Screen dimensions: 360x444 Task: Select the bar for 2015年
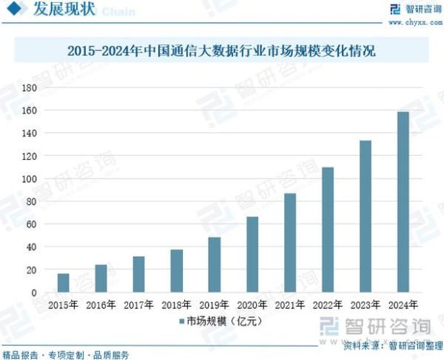[x=64, y=283]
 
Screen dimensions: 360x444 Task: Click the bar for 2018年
[x=176, y=271]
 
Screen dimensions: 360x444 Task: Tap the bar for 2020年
[x=252, y=255]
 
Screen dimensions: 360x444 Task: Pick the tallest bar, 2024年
[x=403, y=202]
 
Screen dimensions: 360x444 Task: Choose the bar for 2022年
[x=328, y=230]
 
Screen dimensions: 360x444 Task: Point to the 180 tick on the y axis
[x=30, y=87]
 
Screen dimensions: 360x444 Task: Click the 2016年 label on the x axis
[x=101, y=304]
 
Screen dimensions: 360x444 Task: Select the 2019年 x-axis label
[x=215, y=304]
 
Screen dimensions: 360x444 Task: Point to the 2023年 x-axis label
[x=366, y=304]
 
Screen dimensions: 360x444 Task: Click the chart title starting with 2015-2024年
[x=221, y=52]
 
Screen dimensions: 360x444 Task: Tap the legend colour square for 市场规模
[x=181, y=322]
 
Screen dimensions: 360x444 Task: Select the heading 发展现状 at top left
[x=62, y=11]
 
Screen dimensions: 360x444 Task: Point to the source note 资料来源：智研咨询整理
[x=390, y=345]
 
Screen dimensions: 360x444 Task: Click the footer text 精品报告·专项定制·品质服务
[x=66, y=354]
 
